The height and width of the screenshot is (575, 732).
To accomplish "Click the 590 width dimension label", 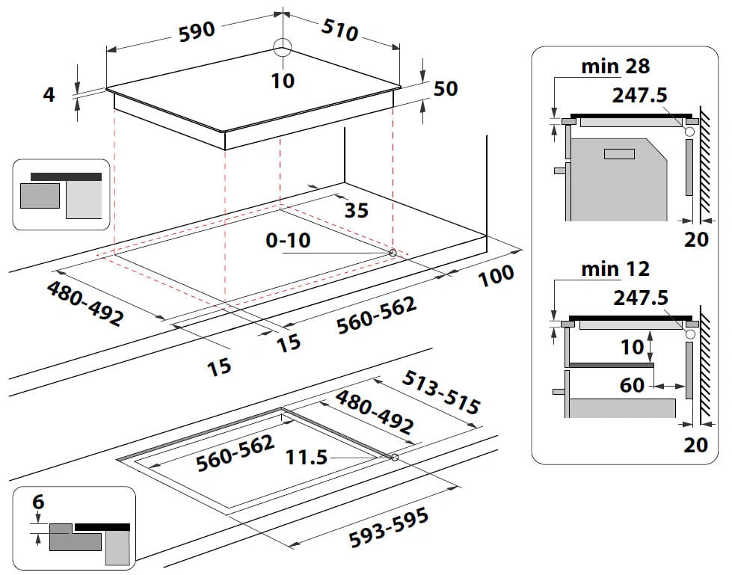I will coord(197,31).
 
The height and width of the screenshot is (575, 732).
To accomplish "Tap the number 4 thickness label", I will coord(49,95).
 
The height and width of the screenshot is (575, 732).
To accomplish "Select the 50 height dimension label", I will coord(446,88).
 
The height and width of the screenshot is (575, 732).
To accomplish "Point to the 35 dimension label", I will coord(356,211).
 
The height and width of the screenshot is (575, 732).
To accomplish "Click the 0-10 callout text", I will coord(287,241).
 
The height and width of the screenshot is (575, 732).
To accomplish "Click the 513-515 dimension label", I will coord(441,393).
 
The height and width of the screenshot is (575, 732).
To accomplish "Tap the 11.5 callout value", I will coord(307,457).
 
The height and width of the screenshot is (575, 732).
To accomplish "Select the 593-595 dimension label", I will coord(389,527).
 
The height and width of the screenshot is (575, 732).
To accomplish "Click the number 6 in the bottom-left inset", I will coord(38,503).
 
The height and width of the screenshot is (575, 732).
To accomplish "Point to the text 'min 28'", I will coord(615,67).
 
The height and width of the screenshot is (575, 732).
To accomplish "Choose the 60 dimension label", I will coord(632,385).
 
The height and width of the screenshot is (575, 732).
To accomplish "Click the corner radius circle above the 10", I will coord(282,47).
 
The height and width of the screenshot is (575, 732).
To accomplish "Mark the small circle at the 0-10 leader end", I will coord(393,253).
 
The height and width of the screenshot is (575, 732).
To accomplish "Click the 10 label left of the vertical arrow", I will coord(633,347).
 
